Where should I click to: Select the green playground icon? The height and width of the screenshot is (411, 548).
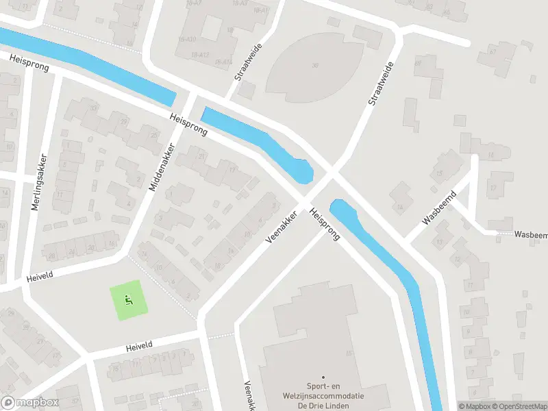[127, 300]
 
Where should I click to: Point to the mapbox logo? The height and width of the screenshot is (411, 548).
[28, 402]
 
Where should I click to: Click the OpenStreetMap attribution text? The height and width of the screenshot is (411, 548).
[521, 406]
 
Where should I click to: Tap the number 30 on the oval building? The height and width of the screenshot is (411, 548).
[314, 66]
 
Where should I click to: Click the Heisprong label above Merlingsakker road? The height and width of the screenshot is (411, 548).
[29, 62]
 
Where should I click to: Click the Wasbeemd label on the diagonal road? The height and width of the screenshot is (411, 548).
[439, 208]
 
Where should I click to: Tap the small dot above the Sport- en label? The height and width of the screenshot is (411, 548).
[323, 376]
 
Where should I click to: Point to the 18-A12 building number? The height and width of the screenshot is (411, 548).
[199, 55]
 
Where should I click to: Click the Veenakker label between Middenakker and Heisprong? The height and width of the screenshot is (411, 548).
[281, 226]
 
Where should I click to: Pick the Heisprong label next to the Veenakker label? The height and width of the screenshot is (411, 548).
[325, 225]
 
